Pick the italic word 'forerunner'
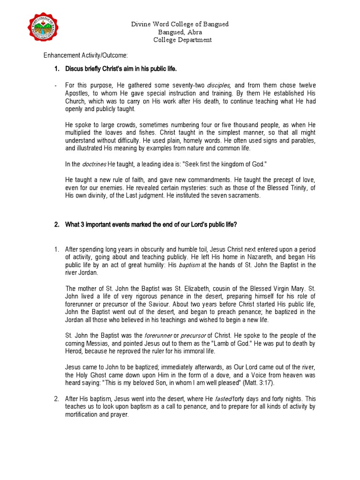158,336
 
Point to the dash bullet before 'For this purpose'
55,85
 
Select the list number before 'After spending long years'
56,249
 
